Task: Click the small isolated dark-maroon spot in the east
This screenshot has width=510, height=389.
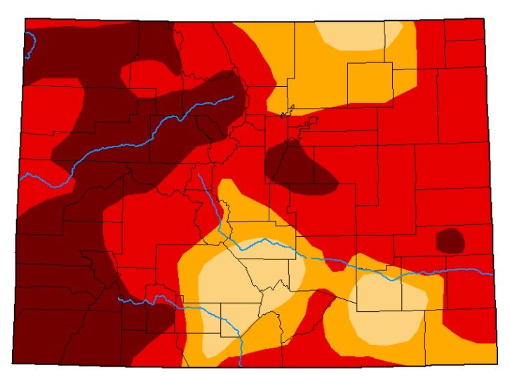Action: [x=450, y=240]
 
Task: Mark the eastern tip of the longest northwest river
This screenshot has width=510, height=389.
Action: [x=232, y=97]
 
